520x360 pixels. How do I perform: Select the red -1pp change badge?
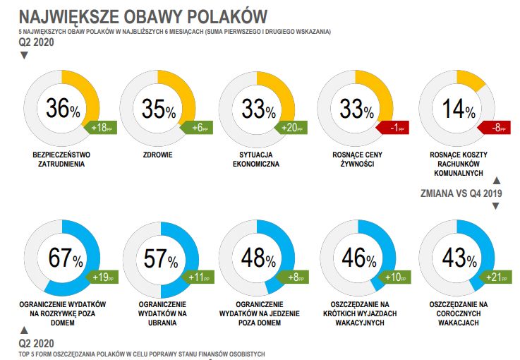coord(393,128)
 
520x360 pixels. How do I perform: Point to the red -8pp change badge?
coord(492,128)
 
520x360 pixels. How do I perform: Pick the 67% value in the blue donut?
coord(66,258)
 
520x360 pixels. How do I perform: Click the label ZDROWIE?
coord(158,154)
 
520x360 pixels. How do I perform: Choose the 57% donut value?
coord(162,259)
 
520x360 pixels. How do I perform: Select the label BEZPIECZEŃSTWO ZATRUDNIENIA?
coord(61,159)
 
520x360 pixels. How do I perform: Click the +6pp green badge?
coord(197,128)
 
